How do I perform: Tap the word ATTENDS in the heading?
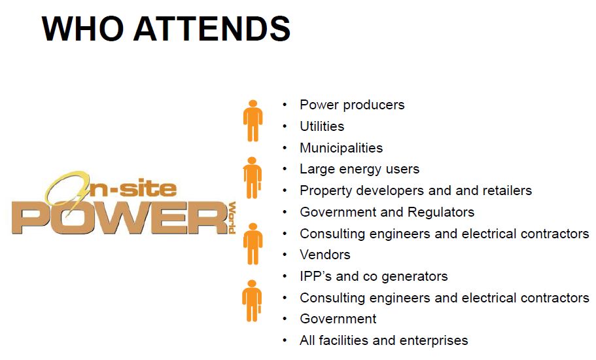[x=212, y=29]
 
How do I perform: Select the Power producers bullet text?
[x=352, y=105]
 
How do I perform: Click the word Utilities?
[x=322, y=126]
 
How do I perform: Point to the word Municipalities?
[x=342, y=148]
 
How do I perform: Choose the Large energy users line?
[x=360, y=169]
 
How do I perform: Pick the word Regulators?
[x=441, y=212]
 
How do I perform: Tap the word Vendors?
[x=325, y=255]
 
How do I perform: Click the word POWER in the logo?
[x=119, y=217]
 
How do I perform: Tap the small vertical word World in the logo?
[x=232, y=217]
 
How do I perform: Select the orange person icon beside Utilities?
[x=253, y=121]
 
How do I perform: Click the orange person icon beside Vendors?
[x=253, y=244]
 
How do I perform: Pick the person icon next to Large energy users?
[x=253, y=178]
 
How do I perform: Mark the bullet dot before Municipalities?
[x=285, y=148]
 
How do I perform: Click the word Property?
[x=324, y=191]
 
